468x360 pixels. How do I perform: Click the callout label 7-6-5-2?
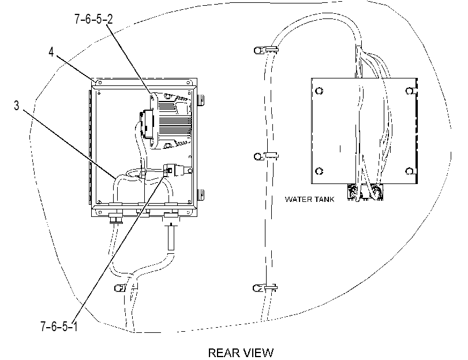[x=93, y=20]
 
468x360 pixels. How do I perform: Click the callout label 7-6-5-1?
[x=59, y=327]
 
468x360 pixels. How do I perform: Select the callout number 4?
[x=51, y=52]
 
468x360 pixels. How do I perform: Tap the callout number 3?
[x=16, y=106]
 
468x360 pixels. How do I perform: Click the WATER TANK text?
[x=309, y=199]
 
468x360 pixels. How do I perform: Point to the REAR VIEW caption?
[x=241, y=353]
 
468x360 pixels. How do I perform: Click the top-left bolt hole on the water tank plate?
[x=319, y=91]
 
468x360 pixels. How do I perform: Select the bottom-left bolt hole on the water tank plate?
[x=319, y=171]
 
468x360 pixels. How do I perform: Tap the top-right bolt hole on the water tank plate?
[x=410, y=91]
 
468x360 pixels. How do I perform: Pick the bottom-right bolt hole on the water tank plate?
[x=410, y=171]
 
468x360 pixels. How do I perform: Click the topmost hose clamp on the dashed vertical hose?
[x=265, y=50]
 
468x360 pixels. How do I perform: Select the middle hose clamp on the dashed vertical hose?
[x=265, y=156]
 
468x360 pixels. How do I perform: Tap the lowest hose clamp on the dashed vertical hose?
[x=265, y=288]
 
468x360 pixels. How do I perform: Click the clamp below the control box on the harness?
[x=126, y=287]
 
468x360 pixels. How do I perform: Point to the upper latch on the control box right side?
[x=201, y=100]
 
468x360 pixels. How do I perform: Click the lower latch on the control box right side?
[x=201, y=194]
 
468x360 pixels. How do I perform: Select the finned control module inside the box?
[x=171, y=121]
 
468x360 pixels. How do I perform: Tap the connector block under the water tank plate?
[x=365, y=192]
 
